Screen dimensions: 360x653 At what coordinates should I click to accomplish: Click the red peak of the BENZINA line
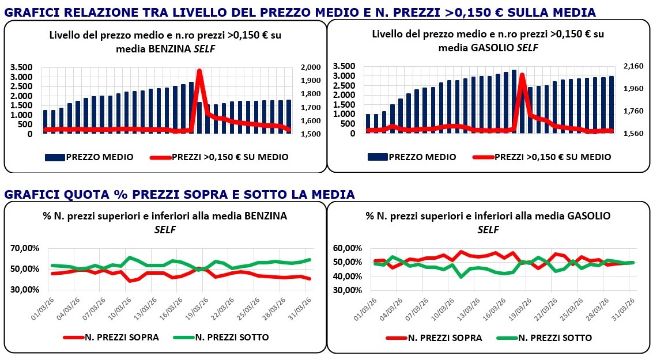point(199,71)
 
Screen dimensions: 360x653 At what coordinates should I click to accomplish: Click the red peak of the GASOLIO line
point(522,75)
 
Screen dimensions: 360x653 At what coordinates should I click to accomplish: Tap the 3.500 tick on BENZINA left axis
point(21,67)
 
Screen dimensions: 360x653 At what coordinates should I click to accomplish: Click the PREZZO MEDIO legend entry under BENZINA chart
point(90,157)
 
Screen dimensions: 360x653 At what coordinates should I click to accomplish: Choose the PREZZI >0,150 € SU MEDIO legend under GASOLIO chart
point(542,157)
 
